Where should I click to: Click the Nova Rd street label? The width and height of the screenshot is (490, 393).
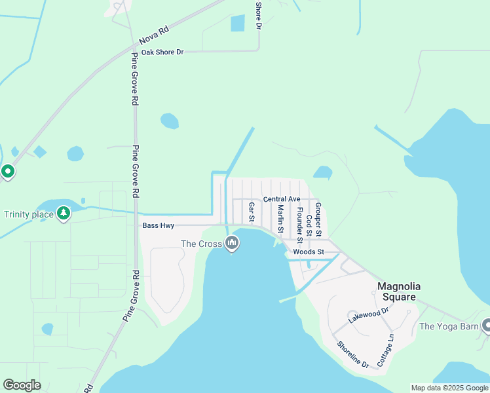point(154,33)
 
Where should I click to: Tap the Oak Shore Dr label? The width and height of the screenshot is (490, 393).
point(162,52)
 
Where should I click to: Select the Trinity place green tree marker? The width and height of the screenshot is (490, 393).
point(63,213)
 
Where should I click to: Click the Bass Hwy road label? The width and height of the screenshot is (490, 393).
point(157,225)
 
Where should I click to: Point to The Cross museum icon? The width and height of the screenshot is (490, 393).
point(231,244)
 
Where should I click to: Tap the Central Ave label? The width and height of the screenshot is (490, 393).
point(282,198)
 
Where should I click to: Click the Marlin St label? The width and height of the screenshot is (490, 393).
point(280,219)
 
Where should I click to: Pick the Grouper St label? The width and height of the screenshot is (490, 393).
point(318,219)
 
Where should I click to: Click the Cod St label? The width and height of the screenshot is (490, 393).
point(309,225)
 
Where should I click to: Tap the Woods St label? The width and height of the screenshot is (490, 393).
point(309,252)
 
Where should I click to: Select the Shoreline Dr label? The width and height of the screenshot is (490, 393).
point(352,354)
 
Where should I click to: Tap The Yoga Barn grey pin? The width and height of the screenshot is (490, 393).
point(486,325)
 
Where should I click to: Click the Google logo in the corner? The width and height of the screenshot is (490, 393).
point(22,385)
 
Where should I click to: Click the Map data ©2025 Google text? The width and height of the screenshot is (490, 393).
point(449,388)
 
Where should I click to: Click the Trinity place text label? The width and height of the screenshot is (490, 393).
point(28,214)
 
